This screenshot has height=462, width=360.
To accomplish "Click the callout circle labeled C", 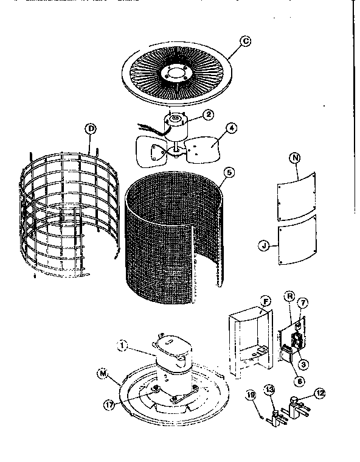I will click(x=246, y=41).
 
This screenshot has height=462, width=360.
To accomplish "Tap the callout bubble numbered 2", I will click(x=207, y=114).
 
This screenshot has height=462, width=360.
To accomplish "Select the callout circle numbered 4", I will click(x=232, y=128).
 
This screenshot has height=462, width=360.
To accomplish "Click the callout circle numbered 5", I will click(x=227, y=172).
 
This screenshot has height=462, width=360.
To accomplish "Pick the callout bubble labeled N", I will click(x=295, y=158).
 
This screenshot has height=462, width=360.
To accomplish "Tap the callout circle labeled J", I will click(x=264, y=247).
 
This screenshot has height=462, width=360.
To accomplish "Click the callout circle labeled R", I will click(x=290, y=296).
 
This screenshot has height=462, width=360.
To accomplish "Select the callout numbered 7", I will click(x=303, y=303).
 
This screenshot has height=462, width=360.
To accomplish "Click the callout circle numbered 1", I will click(x=122, y=347).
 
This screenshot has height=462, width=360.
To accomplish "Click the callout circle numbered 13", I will click(x=269, y=390).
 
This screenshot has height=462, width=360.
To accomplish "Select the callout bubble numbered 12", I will click(x=320, y=394).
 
